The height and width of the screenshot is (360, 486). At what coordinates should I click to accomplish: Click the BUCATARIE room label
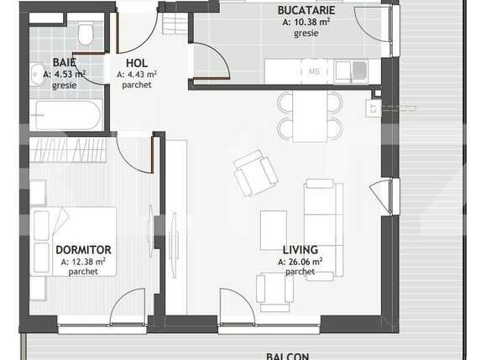pos(307,11)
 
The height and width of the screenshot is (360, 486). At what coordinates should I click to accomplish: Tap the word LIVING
pos(300,250)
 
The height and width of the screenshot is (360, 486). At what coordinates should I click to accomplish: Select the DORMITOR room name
pos(83,250)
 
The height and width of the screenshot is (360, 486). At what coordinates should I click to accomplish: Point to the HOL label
pos(137,63)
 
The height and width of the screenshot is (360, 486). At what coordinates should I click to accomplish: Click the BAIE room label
pos(64,62)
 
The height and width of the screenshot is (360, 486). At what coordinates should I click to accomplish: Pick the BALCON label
pos(287,355)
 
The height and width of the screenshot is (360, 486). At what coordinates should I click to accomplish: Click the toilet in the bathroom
pos(85,34)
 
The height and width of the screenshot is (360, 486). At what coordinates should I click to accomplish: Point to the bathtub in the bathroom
pos(66,114)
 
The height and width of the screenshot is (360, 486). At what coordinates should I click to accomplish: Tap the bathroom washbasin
pos(36,72)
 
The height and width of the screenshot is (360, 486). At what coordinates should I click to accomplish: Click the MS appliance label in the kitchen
pos(315,72)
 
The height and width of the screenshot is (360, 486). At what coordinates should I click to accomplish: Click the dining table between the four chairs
pos(310,115)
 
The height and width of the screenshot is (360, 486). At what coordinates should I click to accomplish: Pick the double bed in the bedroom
pos(74,241)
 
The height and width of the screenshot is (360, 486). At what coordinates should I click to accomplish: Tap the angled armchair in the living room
pos(255,173)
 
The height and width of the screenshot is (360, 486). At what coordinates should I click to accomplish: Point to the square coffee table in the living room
pos(274,229)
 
